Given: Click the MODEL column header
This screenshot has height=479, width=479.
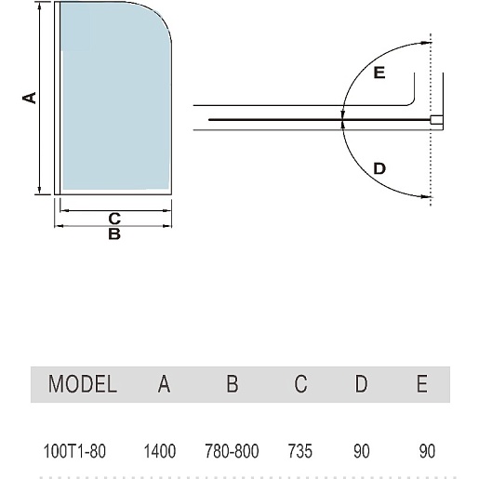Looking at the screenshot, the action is [83, 384].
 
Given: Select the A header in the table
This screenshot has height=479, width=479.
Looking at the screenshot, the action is [164, 384].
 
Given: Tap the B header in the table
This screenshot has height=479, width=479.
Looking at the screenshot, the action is [233, 384].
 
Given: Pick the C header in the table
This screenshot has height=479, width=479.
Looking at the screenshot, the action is [300, 384].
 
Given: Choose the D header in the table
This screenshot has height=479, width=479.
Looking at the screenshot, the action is [361, 384].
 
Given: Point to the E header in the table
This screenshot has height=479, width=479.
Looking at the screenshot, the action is [422, 384].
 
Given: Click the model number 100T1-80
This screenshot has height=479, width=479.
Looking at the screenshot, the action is [74, 451].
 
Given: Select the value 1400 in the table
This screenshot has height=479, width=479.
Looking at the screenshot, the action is [160, 451].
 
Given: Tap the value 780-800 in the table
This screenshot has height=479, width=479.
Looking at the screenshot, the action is [232, 451].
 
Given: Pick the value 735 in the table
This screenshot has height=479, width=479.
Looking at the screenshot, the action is [300, 451].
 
